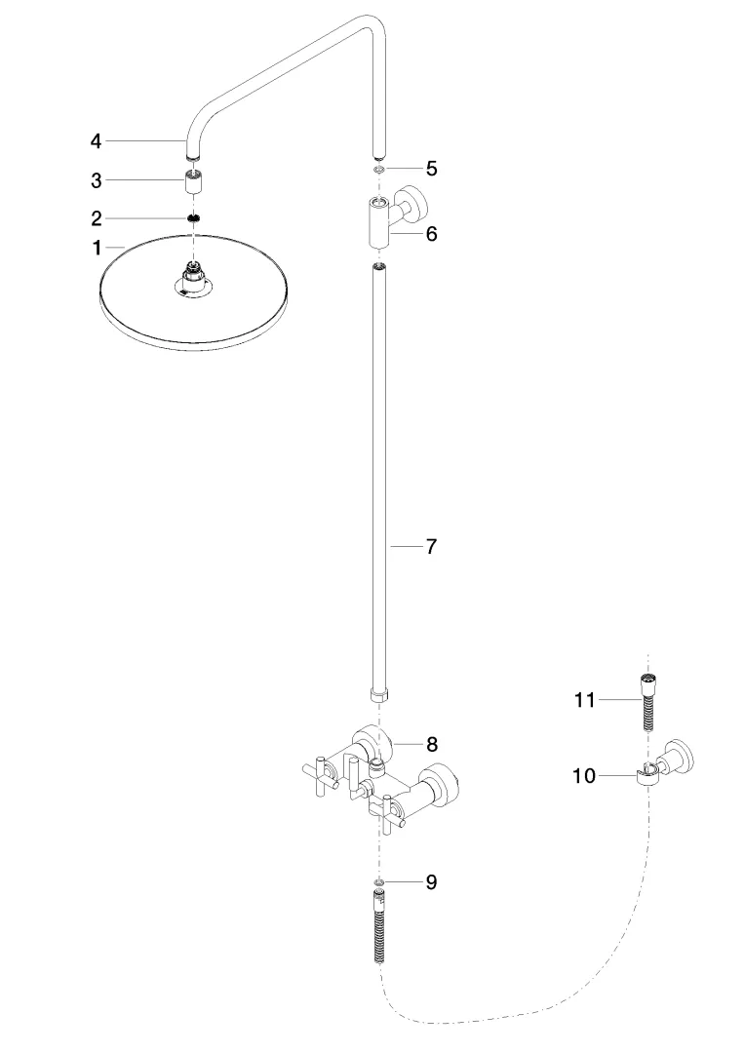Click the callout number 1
pos(97,248)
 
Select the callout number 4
pos(97,141)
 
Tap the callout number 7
pos(430,546)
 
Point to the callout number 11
pos(584,700)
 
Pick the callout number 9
pos(430,883)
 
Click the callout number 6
pos(430,234)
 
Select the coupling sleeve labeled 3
pos(195,181)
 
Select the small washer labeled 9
pos(379,883)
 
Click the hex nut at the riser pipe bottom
pos(379,696)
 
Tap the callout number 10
pos(584,776)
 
